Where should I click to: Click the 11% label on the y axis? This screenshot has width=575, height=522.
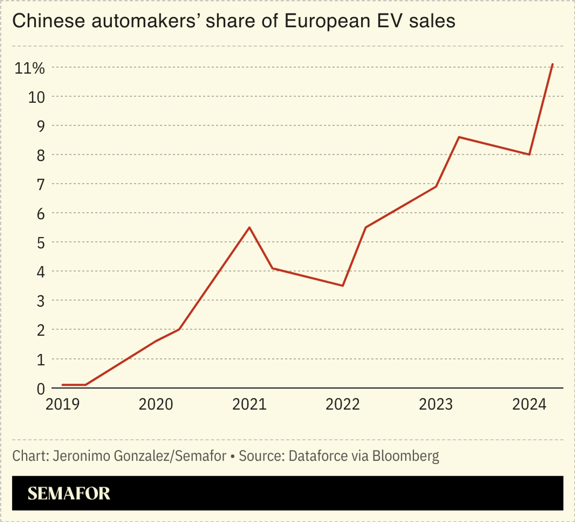click(x=29, y=68)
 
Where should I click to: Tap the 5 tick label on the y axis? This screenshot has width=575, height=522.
click(x=40, y=243)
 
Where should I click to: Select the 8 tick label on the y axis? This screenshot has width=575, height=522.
click(x=40, y=155)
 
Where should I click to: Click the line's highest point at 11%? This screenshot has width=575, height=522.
click(x=553, y=64)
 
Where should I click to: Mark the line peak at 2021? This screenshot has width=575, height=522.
click(x=249, y=228)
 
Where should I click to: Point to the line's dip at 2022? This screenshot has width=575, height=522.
click(x=342, y=285)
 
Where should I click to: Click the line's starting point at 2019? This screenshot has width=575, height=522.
click(x=62, y=385)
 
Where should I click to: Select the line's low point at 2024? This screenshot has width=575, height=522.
click(x=529, y=155)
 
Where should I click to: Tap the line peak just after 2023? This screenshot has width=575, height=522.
click(x=459, y=137)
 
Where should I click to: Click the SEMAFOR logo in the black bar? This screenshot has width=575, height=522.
click(x=69, y=493)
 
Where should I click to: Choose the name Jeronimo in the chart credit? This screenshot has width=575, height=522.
click(x=74, y=456)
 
